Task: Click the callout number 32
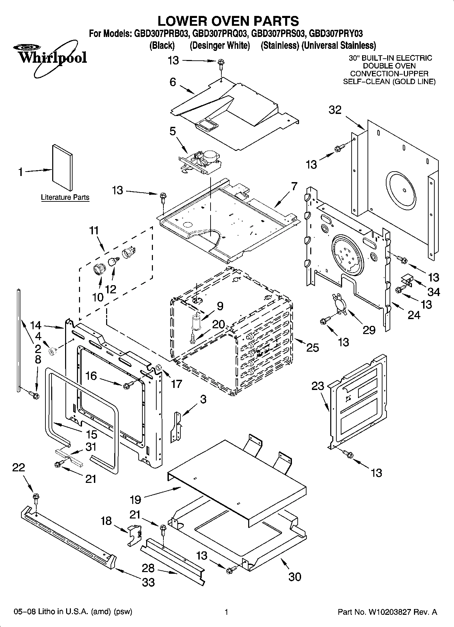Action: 335,110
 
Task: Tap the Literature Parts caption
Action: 65,197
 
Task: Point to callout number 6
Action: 173,82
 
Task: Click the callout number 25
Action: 313,347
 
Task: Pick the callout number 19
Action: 136,499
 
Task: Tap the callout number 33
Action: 148,582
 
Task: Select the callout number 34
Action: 434,291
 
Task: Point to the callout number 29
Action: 369,330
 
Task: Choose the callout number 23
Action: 318,386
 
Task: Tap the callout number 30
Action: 294,576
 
